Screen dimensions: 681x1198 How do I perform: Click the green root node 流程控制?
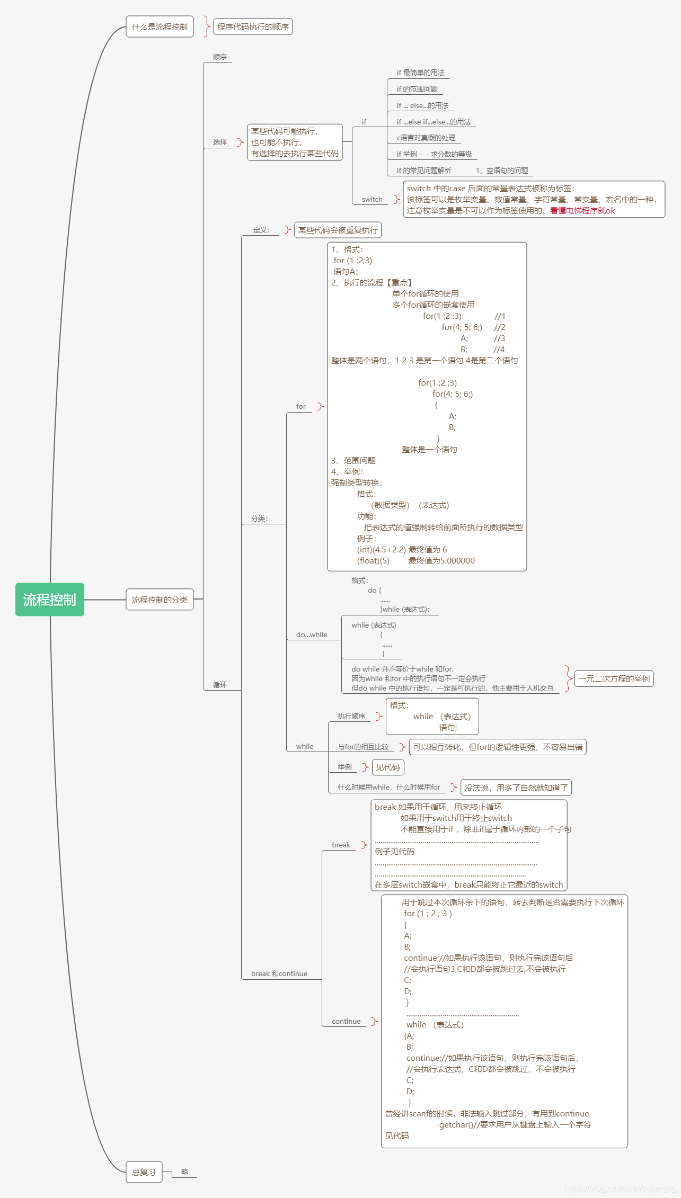pyautogui.click(x=50, y=600)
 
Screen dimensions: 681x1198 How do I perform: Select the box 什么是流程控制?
pyautogui.click(x=160, y=26)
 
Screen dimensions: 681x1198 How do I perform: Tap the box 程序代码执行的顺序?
pyautogui.click(x=253, y=26)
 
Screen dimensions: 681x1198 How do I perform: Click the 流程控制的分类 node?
pyautogui.click(x=160, y=600)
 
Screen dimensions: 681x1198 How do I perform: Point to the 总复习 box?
pyautogui.click(x=144, y=1172)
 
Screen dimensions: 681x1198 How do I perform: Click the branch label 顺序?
pyautogui.click(x=220, y=57)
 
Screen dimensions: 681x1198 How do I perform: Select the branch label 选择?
pyautogui.click(x=220, y=142)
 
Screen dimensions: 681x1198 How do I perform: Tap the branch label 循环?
pyautogui.click(x=220, y=685)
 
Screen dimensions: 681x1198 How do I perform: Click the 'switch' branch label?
pyautogui.click(x=372, y=200)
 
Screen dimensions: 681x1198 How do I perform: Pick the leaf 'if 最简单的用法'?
pyautogui.click(x=421, y=73)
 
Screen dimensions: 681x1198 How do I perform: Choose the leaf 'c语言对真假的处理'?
pyautogui.click(x=426, y=138)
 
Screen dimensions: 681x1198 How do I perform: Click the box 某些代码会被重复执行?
pyautogui.click(x=338, y=230)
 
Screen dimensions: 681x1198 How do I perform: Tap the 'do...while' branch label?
pyautogui.click(x=312, y=634)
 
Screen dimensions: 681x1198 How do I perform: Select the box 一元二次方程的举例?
pyautogui.click(x=614, y=678)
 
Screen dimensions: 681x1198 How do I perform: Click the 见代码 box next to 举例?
pyautogui.click(x=388, y=767)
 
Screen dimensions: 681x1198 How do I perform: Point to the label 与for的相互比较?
pyautogui.click(x=363, y=747)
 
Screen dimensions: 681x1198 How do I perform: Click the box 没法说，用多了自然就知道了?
pyautogui.click(x=516, y=788)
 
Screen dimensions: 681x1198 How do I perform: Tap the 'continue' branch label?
pyautogui.click(x=346, y=1021)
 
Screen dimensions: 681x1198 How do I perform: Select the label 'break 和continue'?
pyautogui.click(x=279, y=973)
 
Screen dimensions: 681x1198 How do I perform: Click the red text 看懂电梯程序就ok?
pyautogui.click(x=582, y=211)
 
